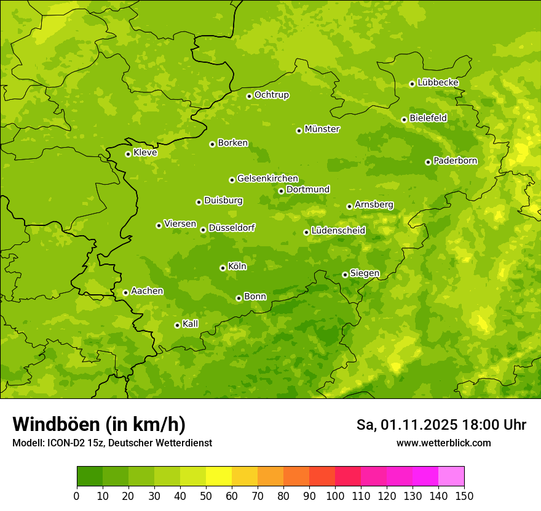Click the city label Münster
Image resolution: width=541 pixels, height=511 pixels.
click(x=322, y=129)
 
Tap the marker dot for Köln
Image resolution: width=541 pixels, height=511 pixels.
click(x=223, y=268)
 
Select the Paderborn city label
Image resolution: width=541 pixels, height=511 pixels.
click(x=455, y=161)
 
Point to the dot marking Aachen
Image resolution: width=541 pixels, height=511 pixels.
click(x=125, y=292)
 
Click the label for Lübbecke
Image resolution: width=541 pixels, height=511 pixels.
click(x=438, y=82)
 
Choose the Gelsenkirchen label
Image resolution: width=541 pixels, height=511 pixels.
click(x=267, y=179)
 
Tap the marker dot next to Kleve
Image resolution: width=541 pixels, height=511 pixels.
click(x=128, y=154)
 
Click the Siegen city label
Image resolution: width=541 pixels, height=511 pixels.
click(x=365, y=273)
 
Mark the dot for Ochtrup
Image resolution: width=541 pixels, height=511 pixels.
click(x=249, y=96)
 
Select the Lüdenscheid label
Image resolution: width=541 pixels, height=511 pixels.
click(x=338, y=231)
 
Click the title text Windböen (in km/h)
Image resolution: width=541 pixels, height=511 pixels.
click(x=98, y=424)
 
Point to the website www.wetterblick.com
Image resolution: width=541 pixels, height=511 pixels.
click(x=443, y=443)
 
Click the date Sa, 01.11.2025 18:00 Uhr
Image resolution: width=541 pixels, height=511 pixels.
click(x=441, y=425)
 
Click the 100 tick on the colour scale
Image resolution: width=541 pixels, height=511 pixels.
click(x=335, y=496)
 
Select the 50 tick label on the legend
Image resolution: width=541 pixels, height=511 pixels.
click(x=206, y=496)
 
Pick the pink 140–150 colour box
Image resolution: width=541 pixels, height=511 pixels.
click(x=451, y=477)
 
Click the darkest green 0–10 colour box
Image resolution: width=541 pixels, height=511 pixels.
click(x=90, y=477)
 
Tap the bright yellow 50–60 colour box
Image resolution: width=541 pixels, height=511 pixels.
click(x=219, y=477)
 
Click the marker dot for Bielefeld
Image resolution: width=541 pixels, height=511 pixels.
click(x=404, y=119)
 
